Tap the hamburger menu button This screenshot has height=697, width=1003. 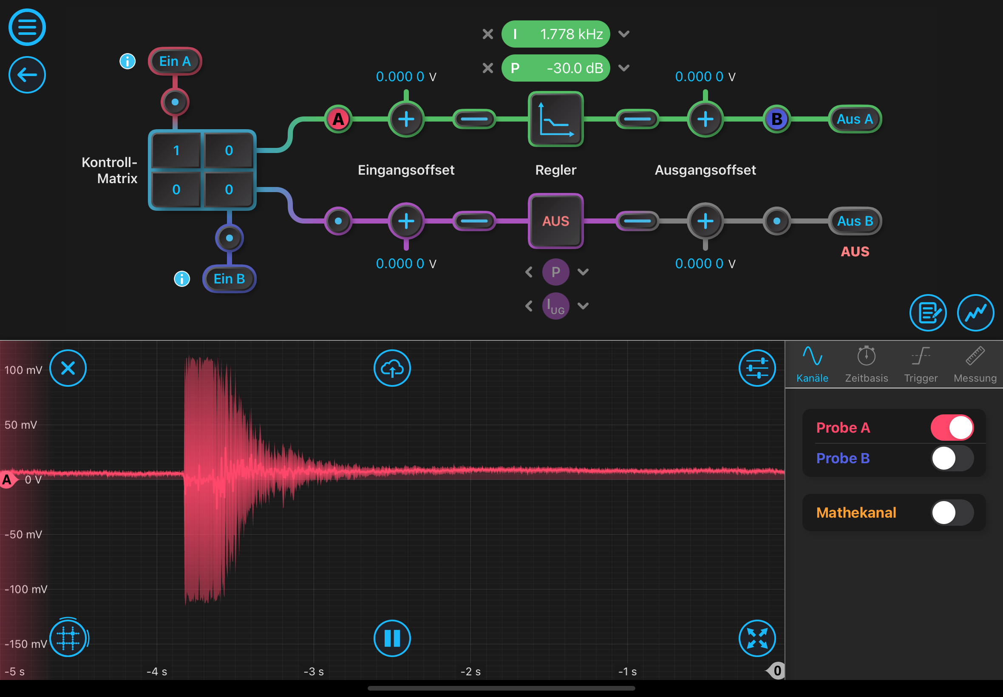27,27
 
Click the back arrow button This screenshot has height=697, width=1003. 27,75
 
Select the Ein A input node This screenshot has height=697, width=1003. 175,61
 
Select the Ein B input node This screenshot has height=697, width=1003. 229,279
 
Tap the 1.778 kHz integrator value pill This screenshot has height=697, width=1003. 555,34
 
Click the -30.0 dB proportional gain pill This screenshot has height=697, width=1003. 555,68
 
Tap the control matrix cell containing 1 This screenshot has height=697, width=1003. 176,150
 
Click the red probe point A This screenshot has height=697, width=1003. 338,119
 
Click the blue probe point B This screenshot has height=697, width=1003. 776,119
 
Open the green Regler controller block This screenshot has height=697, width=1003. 555,119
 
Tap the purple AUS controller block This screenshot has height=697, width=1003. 555,221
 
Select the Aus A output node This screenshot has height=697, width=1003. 855,119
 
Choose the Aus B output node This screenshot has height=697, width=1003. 855,221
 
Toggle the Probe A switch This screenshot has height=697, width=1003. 952,428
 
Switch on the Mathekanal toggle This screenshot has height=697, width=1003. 952,512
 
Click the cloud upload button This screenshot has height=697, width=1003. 392,368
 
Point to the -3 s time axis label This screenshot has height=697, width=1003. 314,671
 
